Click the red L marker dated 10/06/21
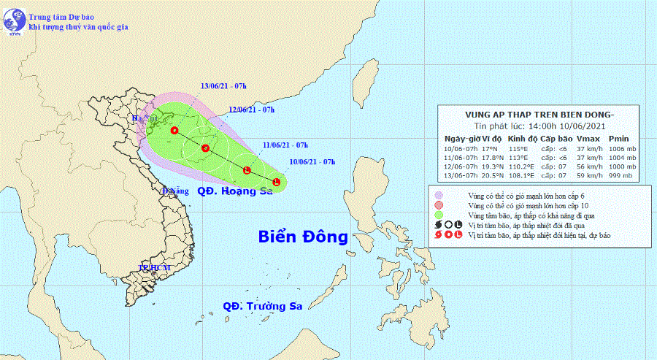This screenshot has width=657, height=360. (277, 181)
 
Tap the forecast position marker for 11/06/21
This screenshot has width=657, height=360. (247, 171)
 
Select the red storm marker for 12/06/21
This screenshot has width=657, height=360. (206, 149)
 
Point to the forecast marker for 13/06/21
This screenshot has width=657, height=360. (174, 131)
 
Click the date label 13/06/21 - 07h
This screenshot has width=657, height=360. (223, 86)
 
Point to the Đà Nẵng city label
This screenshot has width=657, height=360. (176, 191)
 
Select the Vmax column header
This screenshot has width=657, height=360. (588, 139)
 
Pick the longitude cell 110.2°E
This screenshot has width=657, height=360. (523, 166)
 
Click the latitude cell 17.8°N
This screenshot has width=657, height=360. (492, 157)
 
